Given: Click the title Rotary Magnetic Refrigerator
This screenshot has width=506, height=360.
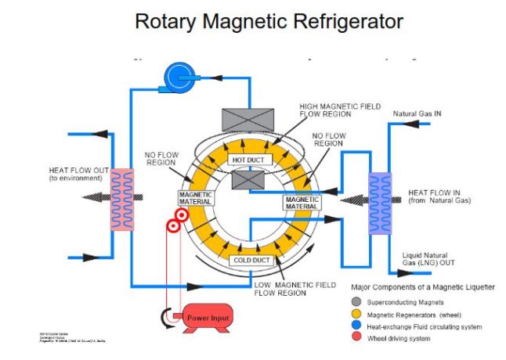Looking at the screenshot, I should pos(253,20).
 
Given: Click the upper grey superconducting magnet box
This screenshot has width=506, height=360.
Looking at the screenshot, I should pos(248,118).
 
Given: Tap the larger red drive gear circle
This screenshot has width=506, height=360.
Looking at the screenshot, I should pos(172,226).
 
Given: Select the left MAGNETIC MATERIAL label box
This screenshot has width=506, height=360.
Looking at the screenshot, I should pos(195,198).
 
